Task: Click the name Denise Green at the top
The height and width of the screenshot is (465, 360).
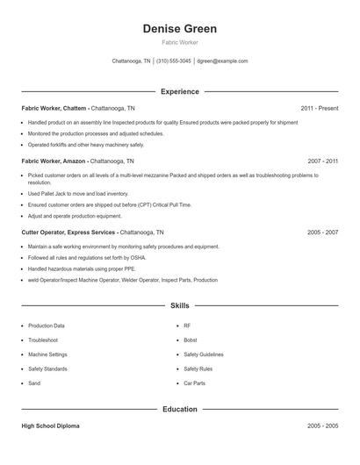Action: coord(179,29)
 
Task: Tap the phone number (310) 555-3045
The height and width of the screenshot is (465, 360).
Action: coord(174,61)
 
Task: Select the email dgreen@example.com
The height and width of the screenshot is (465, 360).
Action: coord(222,61)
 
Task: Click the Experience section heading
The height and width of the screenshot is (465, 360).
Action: coord(179,91)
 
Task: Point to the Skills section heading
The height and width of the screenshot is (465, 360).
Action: coord(179,305)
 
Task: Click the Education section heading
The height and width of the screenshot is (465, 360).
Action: coord(179,409)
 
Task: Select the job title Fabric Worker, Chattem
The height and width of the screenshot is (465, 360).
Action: coord(54,108)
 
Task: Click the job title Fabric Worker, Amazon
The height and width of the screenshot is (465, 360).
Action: coord(54,161)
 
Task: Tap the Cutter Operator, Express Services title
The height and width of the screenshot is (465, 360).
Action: coord(68,232)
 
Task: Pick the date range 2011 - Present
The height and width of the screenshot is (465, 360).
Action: coord(319,108)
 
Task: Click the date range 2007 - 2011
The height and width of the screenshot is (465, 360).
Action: coord(323,161)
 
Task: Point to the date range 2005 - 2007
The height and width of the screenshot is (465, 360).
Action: coord(323,232)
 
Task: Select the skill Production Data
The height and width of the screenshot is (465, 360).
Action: coord(47,325)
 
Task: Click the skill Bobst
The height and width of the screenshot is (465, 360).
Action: coord(191,340)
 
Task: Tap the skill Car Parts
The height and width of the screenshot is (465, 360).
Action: coord(194,383)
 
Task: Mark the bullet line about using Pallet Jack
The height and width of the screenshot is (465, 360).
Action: coord(77,193)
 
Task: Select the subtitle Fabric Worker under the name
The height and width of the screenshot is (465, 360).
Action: coord(179,42)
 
